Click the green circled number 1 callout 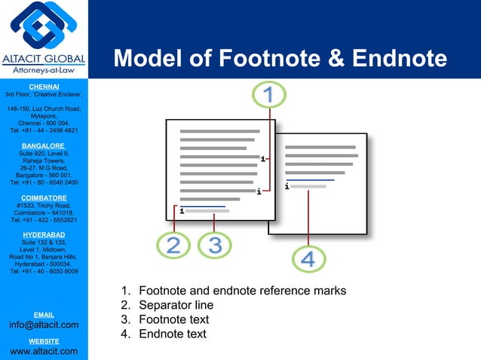coord(269,96)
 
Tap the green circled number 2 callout coord(173,245)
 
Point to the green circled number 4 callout coord(308,259)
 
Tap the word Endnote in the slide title coord(398,59)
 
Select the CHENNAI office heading coord(44,87)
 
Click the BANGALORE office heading coord(44,145)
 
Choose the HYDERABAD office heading coord(44,234)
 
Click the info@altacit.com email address coord(44,325)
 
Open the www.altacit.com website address coord(44,351)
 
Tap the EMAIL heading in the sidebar coord(44,314)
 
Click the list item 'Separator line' coord(176,305)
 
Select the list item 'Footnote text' coord(174,319)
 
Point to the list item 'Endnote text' coord(173,334)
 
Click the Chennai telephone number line coord(44,130)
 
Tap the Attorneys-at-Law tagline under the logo coord(43,70)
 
